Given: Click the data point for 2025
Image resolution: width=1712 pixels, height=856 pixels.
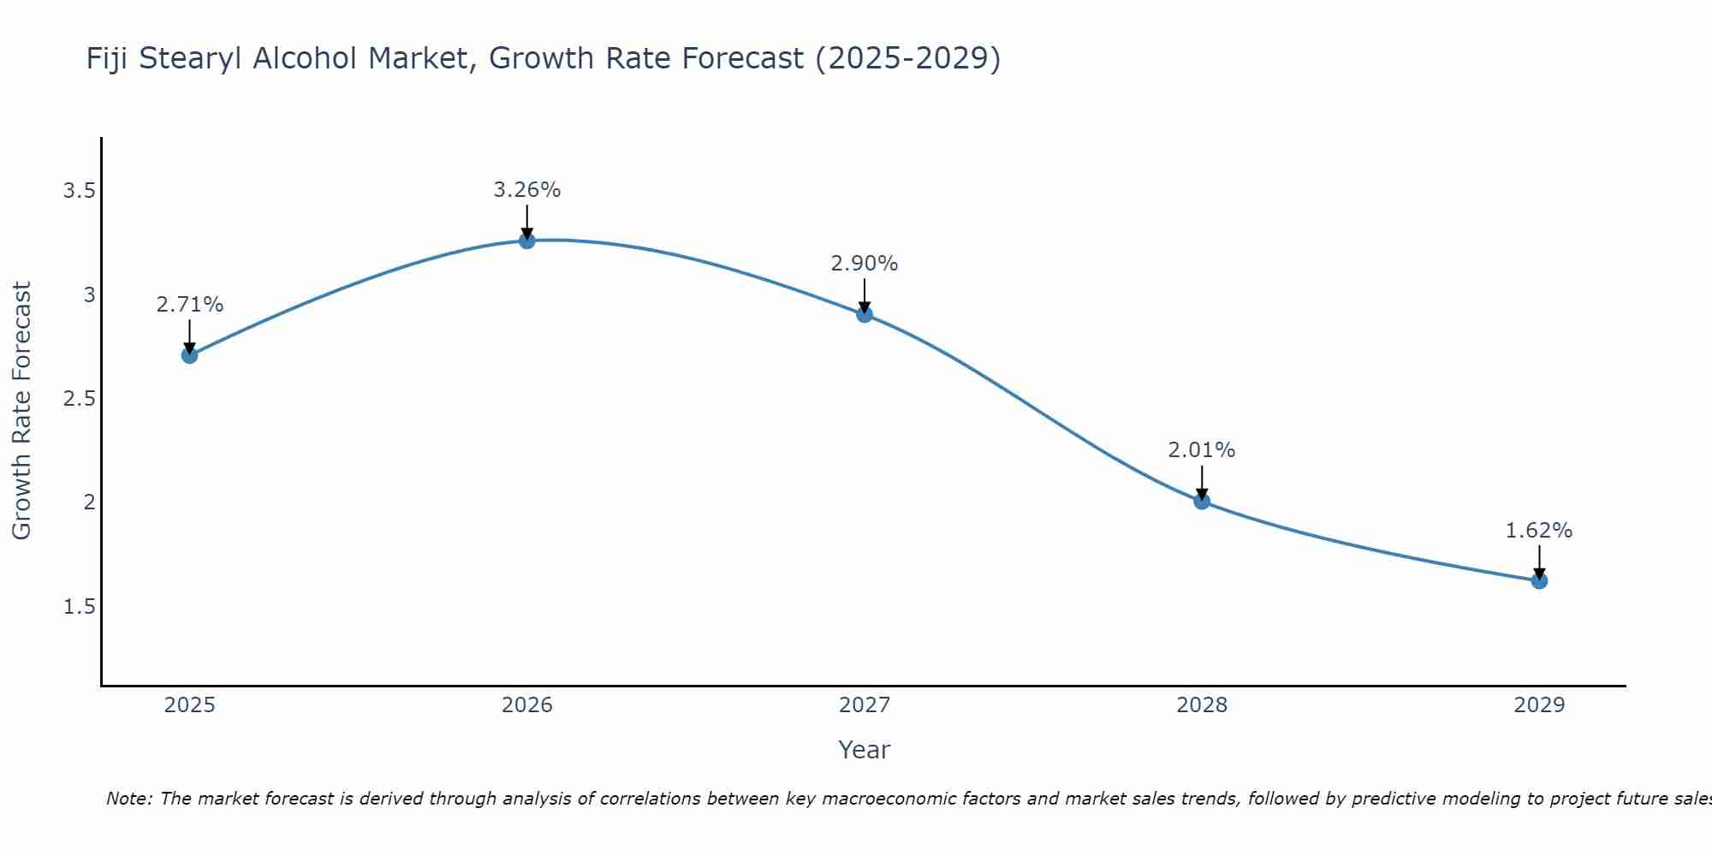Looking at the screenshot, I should pyautogui.click(x=190, y=355).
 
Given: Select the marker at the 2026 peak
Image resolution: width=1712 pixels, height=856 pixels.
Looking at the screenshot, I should pyautogui.click(x=527, y=241).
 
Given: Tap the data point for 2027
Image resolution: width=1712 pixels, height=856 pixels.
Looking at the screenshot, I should pyautogui.click(x=865, y=314).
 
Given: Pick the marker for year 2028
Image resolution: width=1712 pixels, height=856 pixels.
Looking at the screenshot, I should pyautogui.click(x=1202, y=502).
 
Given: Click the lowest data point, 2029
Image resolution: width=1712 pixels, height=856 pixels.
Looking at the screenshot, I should pyautogui.click(x=1539, y=581).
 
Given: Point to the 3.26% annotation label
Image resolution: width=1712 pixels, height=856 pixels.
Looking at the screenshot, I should pyautogui.click(x=527, y=190).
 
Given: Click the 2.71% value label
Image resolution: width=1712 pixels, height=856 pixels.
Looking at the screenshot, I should pyautogui.click(x=190, y=305).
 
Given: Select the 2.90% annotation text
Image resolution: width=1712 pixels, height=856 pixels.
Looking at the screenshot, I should pyautogui.click(x=865, y=264).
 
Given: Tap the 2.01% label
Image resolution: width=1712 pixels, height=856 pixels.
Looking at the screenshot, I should pyautogui.click(x=1202, y=450).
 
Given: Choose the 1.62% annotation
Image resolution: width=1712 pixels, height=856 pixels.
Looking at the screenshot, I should pyautogui.click(x=1539, y=531).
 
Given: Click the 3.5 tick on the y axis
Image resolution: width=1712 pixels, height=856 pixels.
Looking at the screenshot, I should pyautogui.click(x=79, y=191).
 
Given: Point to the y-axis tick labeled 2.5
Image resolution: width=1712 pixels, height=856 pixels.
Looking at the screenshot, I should pyautogui.click(x=79, y=399).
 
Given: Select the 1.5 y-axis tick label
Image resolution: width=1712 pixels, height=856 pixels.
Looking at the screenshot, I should pyautogui.click(x=79, y=607).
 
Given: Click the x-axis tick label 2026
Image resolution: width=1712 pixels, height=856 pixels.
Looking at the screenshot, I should pyautogui.click(x=527, y=705).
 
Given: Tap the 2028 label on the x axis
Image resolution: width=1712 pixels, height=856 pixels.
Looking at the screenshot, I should pyautogui.click(x=1202, y=705).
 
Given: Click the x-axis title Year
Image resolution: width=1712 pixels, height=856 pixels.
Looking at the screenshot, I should pyautogui.click(x=865, y=750).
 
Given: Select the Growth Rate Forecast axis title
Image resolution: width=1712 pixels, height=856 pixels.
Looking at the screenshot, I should pyautogui.click(x=22, y=411).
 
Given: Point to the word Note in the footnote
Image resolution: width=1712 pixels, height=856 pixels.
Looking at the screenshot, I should pyautogui.click(x=128, y=799).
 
